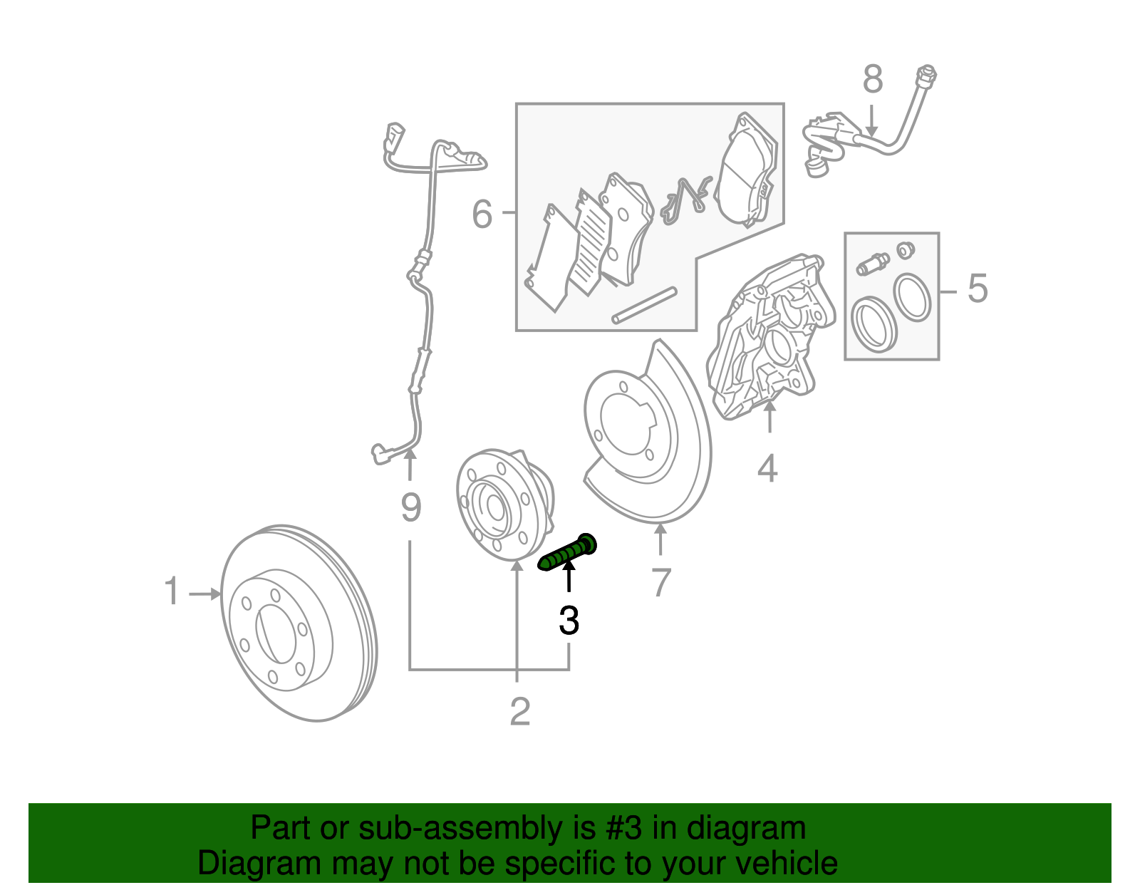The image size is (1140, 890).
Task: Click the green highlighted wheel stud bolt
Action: [x=568, y=554]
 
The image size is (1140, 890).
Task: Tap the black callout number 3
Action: [x=569, y=621]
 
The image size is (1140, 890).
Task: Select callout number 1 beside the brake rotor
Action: [x=172, y=591]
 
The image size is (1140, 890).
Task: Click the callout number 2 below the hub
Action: [x=520, y=711]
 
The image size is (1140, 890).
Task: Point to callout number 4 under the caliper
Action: [x=767, y=468]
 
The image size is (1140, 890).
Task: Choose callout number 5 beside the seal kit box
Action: [x=978, y=289]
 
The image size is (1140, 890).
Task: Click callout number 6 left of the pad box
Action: [x=482, y=213]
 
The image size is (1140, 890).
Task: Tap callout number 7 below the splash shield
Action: [x=660, y=582]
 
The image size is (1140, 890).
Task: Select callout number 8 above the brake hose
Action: [x=872, y=79]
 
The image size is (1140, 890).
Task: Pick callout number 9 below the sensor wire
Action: [x=411, y=507]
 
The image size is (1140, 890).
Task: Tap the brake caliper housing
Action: [x=766, y=335]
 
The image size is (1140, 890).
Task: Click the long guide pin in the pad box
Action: [x=644, y=305]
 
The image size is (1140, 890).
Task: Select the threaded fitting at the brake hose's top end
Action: [x=927, y=75]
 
